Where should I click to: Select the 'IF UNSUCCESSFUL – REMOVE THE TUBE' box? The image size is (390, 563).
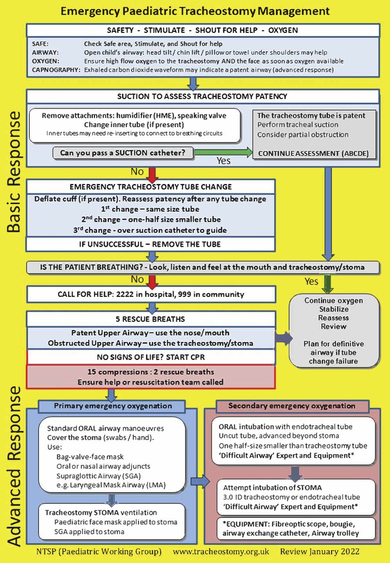pyautogui.click(x=150, y=244)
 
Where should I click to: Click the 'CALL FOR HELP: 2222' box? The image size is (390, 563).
pyautogui.click(x=150, y=295)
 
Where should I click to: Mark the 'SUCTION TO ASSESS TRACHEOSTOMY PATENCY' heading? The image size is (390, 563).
pyautogui.click(x=202, y=97)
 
